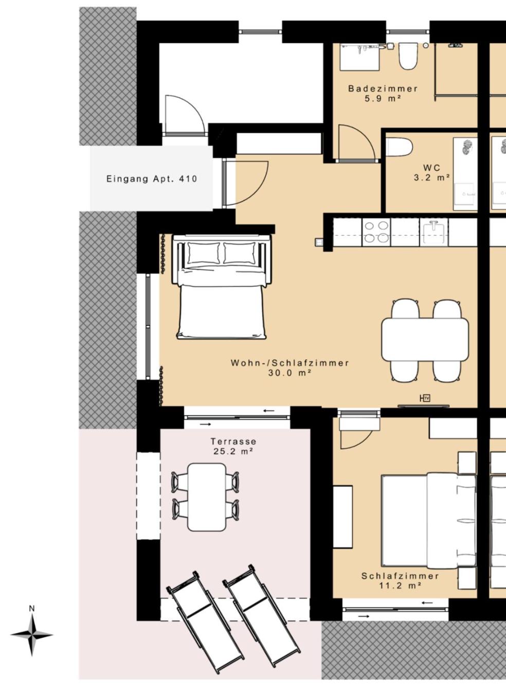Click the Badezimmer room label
tap(383, 89)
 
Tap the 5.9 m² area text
tap(383, 99)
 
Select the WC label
tap(432, 168)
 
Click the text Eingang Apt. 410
tap(152, 179)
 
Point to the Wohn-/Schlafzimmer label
tap(290, 363)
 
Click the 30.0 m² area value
tap(290, 373)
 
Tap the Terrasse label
tap(233, 441)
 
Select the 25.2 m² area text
tap(233, 452)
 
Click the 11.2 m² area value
tap(400, 586)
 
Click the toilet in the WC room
tap(399, 147)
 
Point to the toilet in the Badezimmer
tap(408, 56)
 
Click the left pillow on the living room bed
tap(204, 253)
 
